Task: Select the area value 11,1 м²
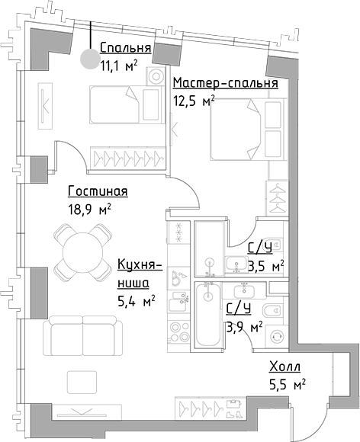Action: [118, 66]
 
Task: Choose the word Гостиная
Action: [97, 191]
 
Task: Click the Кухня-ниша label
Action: [137, 274]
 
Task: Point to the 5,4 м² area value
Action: [136, 301]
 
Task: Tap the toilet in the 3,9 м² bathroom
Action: [272, 310]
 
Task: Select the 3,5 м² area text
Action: [266, 266]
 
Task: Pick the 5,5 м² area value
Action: [287, 385]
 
